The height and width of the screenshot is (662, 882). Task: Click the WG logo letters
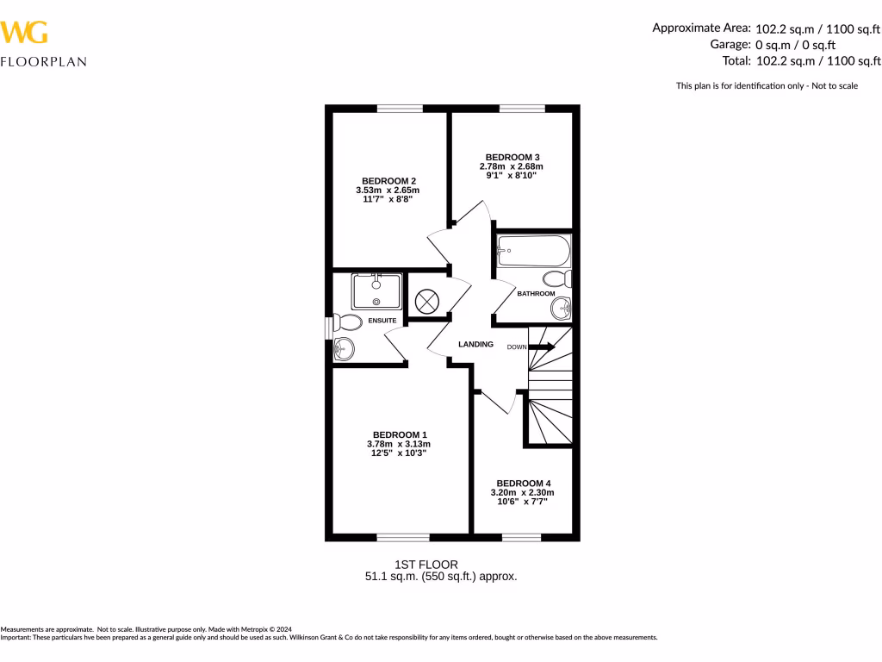click(x=24, y=33)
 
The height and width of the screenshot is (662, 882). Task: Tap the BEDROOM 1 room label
click(x=399, y=434)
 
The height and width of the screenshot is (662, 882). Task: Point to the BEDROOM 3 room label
click(x=512, y=157)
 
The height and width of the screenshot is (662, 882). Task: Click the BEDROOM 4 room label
click(x=523, y=483)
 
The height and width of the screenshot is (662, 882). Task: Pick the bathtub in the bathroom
click(x=533, y=251)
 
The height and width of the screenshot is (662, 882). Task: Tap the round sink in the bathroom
click(x=561, y=307)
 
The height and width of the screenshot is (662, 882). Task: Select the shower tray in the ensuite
click(x=376, y=291)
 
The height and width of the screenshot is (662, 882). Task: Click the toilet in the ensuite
click(x=347, y=323)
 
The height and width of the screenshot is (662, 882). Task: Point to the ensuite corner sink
click(x=344, y=349)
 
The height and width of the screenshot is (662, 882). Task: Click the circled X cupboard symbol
click(x=427, y=301)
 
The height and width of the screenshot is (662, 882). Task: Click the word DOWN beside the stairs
click(x=516, y=347)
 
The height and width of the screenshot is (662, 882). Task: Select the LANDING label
click(x=475, y=344)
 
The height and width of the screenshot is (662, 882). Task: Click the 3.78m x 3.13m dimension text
click(x=392, y=444)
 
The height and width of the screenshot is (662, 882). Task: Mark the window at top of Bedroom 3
click(x=522, y=109)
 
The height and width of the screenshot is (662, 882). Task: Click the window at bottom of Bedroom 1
click(x=402, y=538)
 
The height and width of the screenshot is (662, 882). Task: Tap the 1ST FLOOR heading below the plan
click(x=419, y=565)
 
